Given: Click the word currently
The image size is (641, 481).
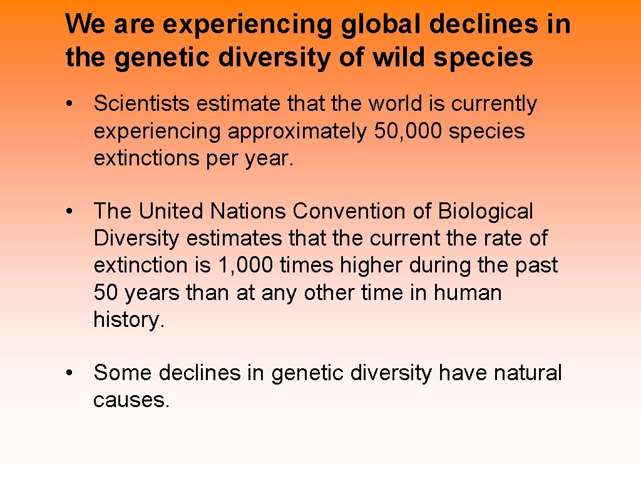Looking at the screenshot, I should (x=494, y=104).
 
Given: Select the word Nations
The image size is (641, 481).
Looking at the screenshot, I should (x=249, y=212).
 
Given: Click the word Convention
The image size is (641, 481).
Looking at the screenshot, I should (x=349, y=212).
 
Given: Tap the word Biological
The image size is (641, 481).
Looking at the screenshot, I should (x=485, y=212).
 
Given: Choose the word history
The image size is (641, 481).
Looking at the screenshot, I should (x=128, y=319).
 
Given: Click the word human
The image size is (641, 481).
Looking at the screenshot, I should (x=469, y=292).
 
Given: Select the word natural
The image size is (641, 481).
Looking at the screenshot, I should (x=527, y=373).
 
